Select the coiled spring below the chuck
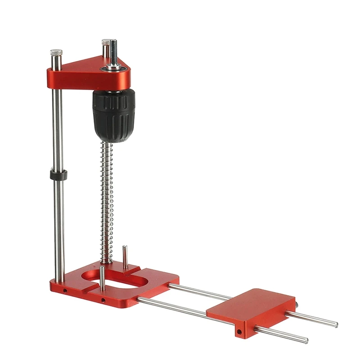pyautogui.click(x=106, y=202)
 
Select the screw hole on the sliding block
pyautogui.click(x=239, y=333)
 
